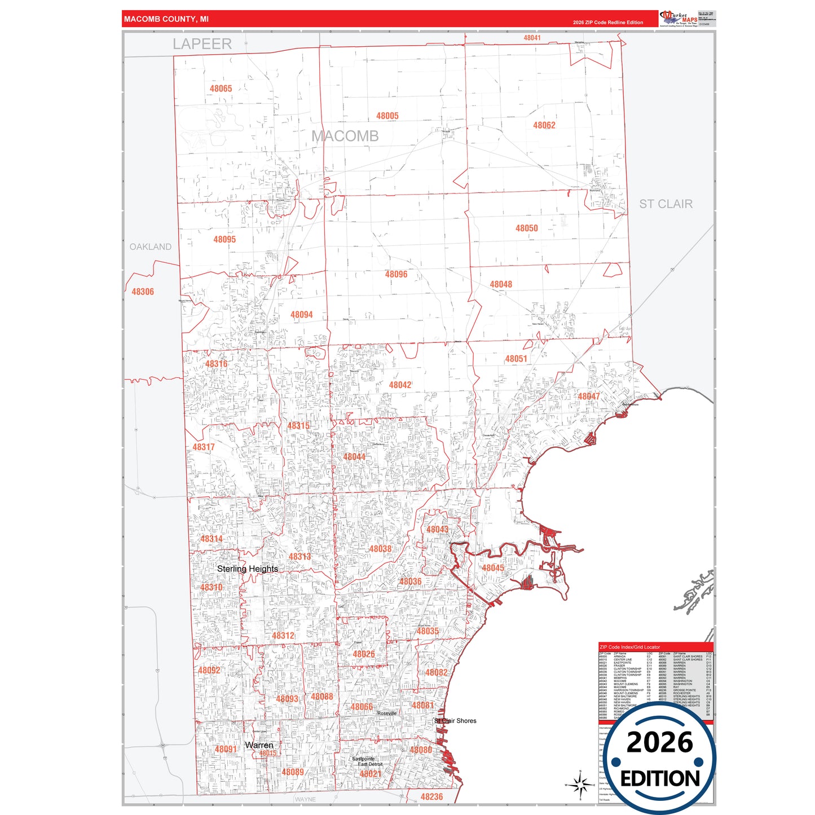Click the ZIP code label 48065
(221, 89)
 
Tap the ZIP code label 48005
(387, 116)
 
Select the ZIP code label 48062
(544, 125)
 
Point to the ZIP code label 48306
(143, 292)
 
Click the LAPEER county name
(202, 44)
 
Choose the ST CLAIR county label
(666, 204)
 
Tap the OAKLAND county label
(150, 246)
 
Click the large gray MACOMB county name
(345, 136)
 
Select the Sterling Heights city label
(247, 569)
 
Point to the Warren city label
(259, 745)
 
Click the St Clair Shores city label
(455, 721)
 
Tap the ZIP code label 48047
(588, 397)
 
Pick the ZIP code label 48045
(492, 568)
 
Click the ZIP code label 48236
(431, 796)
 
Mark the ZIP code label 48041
(531, 38)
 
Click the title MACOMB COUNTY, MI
(166, 19)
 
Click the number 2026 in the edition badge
(659, 742)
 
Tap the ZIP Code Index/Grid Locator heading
(629, 647)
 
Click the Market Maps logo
(679, 19)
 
